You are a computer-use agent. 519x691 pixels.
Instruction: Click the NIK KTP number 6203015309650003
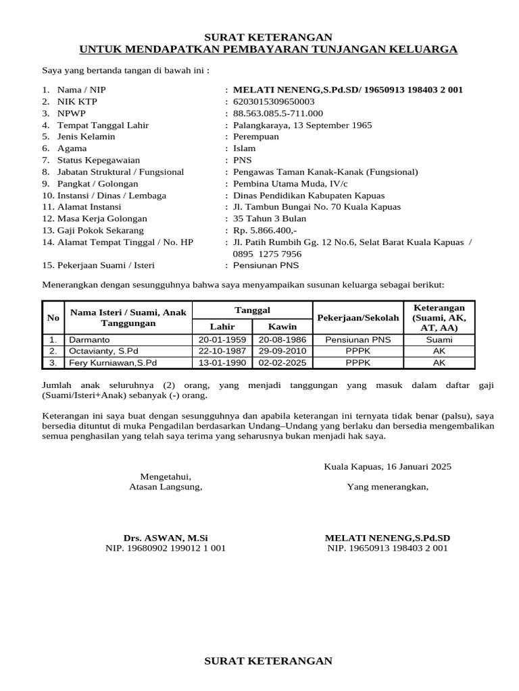(x=274, y=101)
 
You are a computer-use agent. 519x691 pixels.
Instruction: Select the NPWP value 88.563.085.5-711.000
(x=278, y=113)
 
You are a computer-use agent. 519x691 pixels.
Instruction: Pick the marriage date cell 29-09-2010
(x=282, y=352)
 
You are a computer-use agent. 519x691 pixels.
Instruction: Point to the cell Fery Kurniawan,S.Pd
(x=113, y=363)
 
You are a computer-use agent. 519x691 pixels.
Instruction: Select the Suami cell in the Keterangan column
(x=439, y=340)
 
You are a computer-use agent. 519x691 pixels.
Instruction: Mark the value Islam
(x=244, y=148)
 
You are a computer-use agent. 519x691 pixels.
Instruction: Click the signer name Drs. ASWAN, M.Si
(x=166, y=538)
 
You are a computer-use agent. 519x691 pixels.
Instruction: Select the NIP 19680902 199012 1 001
(x=166, y=549)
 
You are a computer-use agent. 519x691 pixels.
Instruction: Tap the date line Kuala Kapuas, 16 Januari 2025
(x=388, y=466)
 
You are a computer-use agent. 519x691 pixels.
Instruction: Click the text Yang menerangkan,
(x=387, y=487)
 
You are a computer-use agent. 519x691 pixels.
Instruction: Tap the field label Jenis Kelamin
(x=86, y=136)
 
